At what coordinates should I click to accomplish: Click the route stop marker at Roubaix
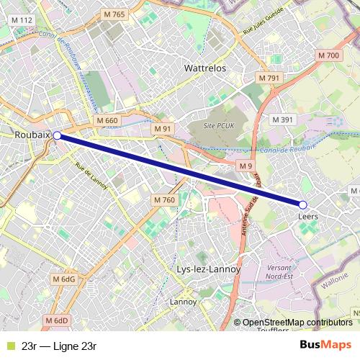(57, 135)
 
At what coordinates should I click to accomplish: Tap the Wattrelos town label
(205, 68)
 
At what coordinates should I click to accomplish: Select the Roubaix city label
(32, 135)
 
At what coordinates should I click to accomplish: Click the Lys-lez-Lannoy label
(208, 269)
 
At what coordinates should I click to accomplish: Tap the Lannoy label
(183, 301)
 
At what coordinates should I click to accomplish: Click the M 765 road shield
(114, 14)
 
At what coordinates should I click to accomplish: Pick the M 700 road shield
(328, 56)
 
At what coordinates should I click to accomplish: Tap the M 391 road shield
(282, 120)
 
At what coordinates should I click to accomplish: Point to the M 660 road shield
(106, 120)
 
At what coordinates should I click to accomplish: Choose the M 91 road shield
(163, 128)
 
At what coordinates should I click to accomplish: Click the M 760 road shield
(163, 199)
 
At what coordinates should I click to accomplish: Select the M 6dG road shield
(63, 279)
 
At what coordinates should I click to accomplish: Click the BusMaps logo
(325, 345)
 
